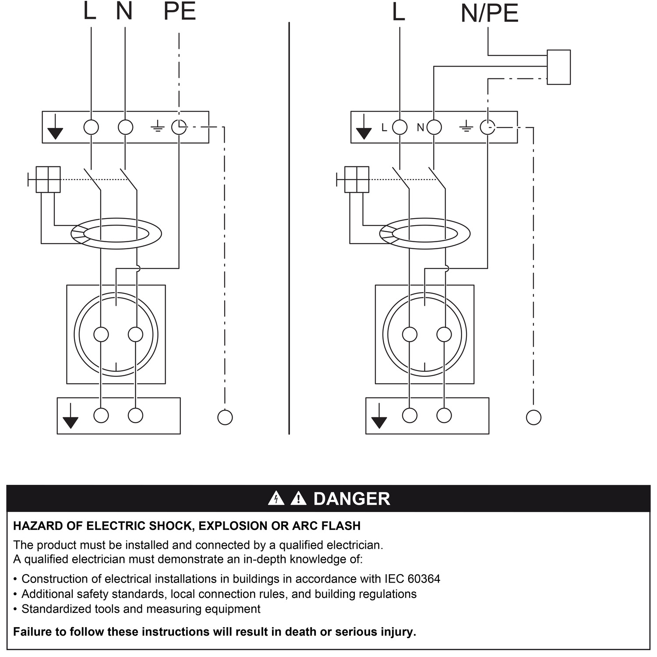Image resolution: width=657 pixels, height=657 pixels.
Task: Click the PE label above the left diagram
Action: pyautogui.click(x=179, y=12)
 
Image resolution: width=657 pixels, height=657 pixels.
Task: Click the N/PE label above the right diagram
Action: pyautogui.click(x=489, y=14)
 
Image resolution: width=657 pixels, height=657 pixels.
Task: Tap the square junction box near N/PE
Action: pyautogui.click(x=558, y=67)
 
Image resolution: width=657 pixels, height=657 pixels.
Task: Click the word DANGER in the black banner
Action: pyautogui.click(x=351, y=499)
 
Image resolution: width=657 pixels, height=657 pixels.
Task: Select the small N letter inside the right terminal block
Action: pyautogui.click(x=420, y=127)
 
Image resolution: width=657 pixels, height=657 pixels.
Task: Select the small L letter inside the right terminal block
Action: pyautogui.click(x=384, y=127)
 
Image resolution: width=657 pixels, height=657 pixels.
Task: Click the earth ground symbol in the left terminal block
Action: pyautogui.click(x=157, y=127)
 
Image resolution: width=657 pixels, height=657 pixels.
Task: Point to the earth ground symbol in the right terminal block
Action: pyautogui.click(x=466, y=127)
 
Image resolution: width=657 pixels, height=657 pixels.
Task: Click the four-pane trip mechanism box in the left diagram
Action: pyautogui.click(x=48, y=179)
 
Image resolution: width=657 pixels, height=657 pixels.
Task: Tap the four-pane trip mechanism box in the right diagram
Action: pyautogui.click(x=357, y=179)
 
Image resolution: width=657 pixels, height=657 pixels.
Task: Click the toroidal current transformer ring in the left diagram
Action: pyautogui.click(x=117, y=233)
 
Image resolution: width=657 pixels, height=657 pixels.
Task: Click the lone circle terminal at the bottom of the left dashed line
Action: pyautogui.click(x=225, y=417)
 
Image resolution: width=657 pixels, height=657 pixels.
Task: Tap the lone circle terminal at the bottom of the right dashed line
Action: pyautogui.click(x=533, y=417)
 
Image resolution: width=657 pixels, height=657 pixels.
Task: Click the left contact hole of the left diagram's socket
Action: pyautogui.click(x=101, y=335)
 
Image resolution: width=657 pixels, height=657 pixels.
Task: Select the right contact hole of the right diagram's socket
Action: pyautogui.click(x=444, y=335)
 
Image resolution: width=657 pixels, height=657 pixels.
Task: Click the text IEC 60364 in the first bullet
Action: pyautogui.click(x=412, y=579)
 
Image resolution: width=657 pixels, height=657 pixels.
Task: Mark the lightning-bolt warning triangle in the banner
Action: pyautogui.click(x=276, y=498)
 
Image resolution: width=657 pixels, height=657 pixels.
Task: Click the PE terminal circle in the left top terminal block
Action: pyautogui.click(x=179, y=127)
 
